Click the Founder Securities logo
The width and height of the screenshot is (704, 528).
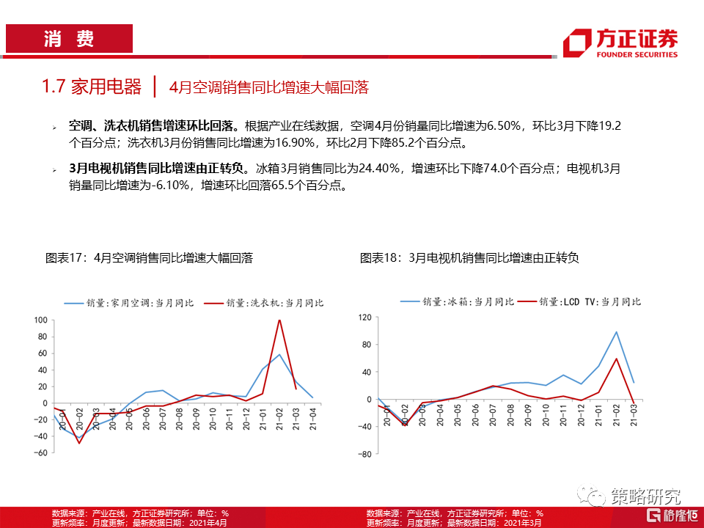(620, 43)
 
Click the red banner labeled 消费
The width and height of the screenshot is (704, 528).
(69, 39)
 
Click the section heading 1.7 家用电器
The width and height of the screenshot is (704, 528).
(92, 87)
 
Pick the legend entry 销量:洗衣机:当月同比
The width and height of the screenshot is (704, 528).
(263, 302)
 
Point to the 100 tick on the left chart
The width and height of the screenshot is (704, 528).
(40, 320)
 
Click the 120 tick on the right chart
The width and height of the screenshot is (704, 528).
(364, 318)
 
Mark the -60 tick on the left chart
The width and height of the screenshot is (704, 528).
(40, 453)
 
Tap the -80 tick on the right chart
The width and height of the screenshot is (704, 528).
(363, 454)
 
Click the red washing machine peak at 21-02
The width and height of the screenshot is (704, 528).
(279, 320)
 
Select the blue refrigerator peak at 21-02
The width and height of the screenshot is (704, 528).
(616, 332)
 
